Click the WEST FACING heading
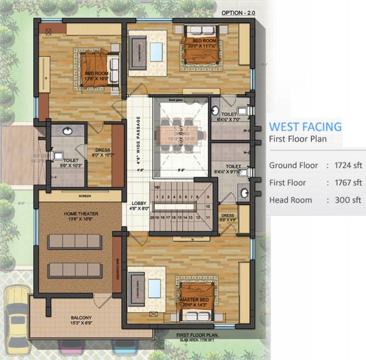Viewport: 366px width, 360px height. click(x=305, y=127)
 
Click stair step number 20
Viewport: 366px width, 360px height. click(x=152, y=217)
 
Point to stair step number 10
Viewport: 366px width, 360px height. click(x=208, y=205)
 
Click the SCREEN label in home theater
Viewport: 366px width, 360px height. click(x=85, y=195)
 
